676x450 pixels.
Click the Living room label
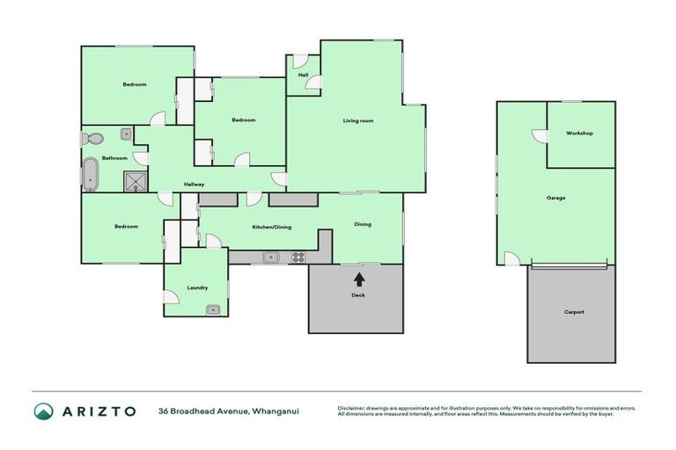click(x=358, y=120)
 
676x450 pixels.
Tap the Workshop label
click(x=579, y=134)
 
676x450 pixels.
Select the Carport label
click(x=574, y=312)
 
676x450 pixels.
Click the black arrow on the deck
click(x=359, y=279)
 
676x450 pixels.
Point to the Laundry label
click(x=197, y=287)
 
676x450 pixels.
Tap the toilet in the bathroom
click(x=92, y=138)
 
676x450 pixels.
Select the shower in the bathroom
click(x=135, y=181)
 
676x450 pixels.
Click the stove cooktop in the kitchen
click(x=298, y=258)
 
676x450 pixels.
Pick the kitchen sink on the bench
click(x=272, y=258)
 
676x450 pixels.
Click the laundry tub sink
click(x=212, y=308)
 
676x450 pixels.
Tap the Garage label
click(x=555, y=198)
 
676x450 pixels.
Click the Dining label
click(x=363, y=224)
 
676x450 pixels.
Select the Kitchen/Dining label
click(x=272, y=227)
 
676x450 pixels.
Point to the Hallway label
click(x=195, y=185)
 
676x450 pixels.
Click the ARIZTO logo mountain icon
click(x=43, y=410)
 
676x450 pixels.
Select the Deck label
click(x=358, y=295)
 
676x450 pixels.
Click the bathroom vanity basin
click(x=126, y=134)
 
